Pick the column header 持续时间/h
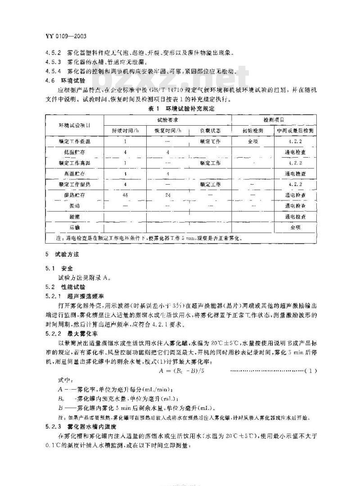125,131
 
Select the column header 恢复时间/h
168,131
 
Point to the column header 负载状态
210,131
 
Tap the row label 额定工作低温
75,141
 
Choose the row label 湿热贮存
75,195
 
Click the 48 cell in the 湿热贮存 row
125,195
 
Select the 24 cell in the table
168,195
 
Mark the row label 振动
75,206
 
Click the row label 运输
75,227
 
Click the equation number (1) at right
311,371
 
